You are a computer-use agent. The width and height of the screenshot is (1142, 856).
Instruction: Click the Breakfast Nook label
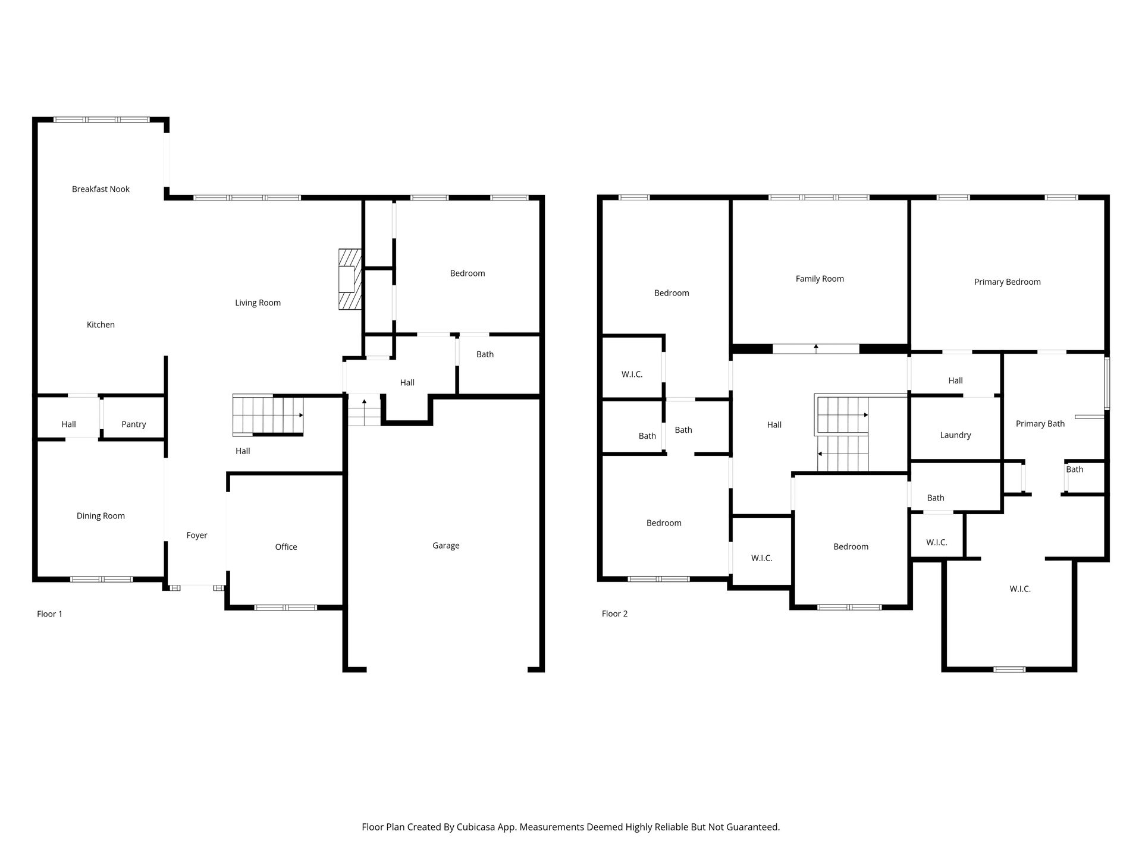click(x=101, y=189)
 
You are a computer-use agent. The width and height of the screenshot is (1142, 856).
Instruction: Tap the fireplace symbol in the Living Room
click(x=350, y=279)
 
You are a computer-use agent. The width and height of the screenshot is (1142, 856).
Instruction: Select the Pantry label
click(x=133, y=424)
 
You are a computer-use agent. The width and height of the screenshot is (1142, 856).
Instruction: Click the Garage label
click(x=446, y=546)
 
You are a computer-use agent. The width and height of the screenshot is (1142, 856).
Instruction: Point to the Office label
click(x=286, y=547)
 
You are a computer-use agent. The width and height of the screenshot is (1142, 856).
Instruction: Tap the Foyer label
click(x=197, y=536)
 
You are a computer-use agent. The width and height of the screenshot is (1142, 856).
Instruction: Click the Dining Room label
click(x=101, y=516)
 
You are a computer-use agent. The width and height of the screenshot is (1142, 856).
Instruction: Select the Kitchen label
click(x=101, y=325)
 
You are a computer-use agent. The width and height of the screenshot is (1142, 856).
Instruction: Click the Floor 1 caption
click(x=49, y=614)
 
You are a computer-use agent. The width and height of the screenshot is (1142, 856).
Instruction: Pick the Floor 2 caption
click(x=614, y=614)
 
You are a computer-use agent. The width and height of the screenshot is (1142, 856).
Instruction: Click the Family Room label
click(x=820, y=279)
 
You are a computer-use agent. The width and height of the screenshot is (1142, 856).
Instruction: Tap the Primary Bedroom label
click(x=1008, y=282)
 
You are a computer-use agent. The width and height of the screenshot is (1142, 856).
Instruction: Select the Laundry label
click(x=955, y=435)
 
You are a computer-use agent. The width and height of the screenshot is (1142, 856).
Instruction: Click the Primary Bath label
click(x=1040, y=424)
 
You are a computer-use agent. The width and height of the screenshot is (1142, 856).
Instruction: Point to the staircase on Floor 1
click(x=268, y=415)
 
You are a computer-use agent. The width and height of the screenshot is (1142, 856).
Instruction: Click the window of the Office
click(x=285, y=608)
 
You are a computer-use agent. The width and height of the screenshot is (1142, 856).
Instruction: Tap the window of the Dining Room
click(x=101, y=579)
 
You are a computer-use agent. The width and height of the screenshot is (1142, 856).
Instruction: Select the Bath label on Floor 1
click(x=485, y=354)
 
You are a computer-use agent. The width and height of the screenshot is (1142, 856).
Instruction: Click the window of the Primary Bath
click(x=1107, y=383)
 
